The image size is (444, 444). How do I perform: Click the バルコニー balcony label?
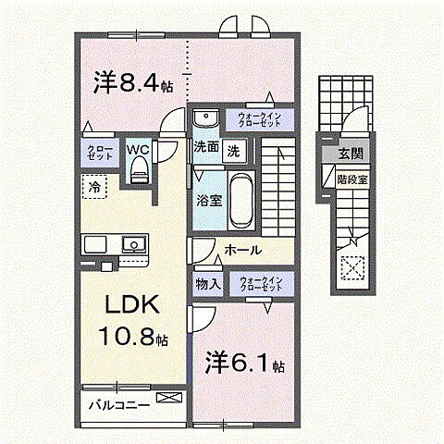(x=119, y=403)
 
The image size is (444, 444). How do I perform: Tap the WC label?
(x=139, y=148)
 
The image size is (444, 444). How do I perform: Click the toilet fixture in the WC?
(x=140, y=167)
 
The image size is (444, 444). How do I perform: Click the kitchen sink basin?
(x=133, y=246)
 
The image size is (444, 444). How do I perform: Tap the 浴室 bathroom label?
(x=208, y=199)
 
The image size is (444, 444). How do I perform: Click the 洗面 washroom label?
(x=205, y=148)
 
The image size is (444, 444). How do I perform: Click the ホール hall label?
(x=242, y=251)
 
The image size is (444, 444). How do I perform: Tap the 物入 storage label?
(x=207, y=284)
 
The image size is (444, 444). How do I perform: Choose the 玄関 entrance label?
(x=350, y=154)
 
